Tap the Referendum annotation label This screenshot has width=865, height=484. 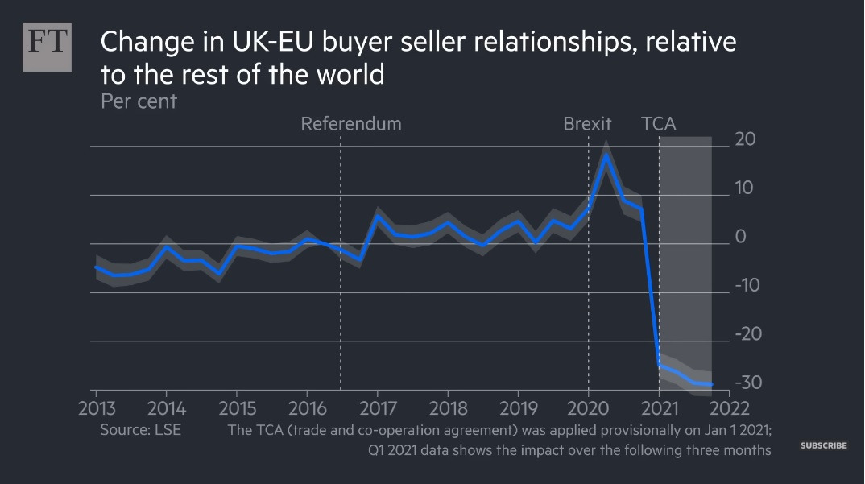[x=350, y=124]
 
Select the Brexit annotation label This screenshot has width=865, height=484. [x=587, y=124]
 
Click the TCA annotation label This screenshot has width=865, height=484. [x=658, y=124]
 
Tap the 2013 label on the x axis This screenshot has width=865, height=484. [x=95, y=406]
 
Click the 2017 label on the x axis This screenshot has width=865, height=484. [x=377, y=406]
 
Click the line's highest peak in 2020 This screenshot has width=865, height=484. [x=606, y=155]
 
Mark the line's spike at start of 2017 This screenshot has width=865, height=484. [x=377, y=216]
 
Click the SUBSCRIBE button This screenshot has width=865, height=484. [x=823, y=445]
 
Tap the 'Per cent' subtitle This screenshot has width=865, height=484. [x=139, y=101]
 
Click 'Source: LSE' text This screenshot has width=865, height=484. [x=140, y=430]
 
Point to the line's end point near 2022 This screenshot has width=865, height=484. [x=711, y=384]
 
